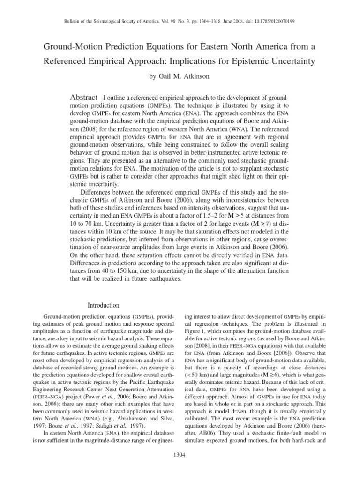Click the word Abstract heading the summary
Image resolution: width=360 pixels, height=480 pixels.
click(x=83, y=96)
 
